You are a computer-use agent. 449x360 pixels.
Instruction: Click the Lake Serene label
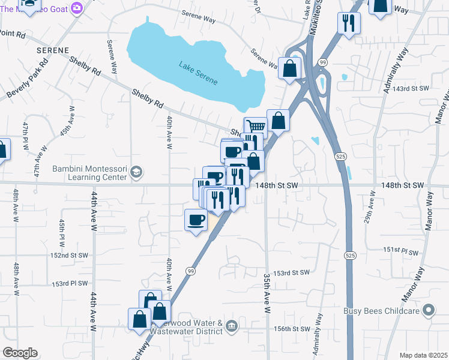(x=197, y=71)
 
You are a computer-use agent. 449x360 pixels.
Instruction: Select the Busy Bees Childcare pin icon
(x=428, y=310)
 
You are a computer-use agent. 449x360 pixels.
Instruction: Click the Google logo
(x=20, y=353)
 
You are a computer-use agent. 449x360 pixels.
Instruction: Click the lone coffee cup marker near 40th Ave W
(x=196, y=220)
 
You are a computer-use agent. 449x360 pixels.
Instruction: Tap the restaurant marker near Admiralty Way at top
(x=349, y=24)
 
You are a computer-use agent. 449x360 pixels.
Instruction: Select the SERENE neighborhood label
(x=52, y=50)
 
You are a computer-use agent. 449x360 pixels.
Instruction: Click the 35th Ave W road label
(x=267, y=288)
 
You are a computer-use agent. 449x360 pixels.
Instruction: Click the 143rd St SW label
(x=411, y=88)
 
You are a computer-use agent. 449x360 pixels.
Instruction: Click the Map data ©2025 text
(x=423, y=355)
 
